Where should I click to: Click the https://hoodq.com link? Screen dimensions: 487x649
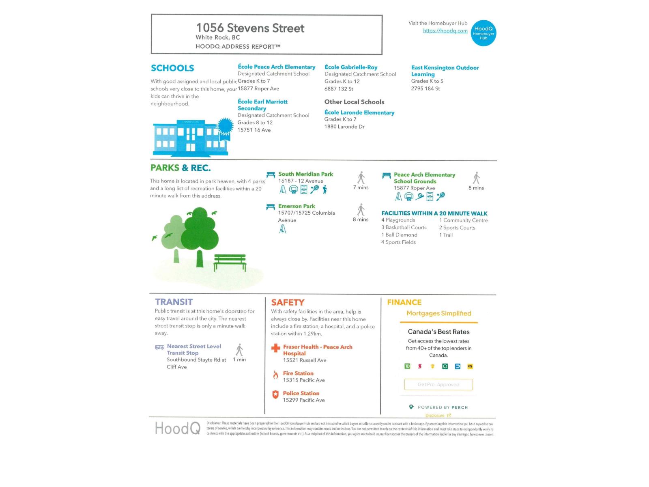tap(445, 31)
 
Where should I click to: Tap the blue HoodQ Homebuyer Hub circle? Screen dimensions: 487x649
tap(484, 33)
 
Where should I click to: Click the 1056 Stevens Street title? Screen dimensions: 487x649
tap(250, 28)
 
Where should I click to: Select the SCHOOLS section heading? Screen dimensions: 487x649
tap(172, 68)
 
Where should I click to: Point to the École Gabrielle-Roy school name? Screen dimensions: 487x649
tap(351, 67)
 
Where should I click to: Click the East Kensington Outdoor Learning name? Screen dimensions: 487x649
tap(445, 71)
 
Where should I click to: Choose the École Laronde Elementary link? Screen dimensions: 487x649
tap(359, 112)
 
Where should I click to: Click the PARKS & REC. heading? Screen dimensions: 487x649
tap(181, 168)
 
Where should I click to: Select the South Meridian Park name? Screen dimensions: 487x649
tap(305, 174)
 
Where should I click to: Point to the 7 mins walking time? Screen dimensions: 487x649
tap(361, 187)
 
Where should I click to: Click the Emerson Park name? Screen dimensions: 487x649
tap(297, 206)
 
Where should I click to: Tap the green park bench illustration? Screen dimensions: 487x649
tap(230, 262)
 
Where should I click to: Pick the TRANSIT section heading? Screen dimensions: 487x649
tap(174, 302)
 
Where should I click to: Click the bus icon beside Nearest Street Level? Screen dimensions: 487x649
tap(159, 347)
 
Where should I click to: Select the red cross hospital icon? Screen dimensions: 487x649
tap(276, 348)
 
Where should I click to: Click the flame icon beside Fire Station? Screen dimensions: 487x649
tap(276, 375)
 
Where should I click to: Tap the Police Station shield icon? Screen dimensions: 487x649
tap(275, 394)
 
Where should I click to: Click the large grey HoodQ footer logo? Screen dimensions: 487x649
tap(178, 428)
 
